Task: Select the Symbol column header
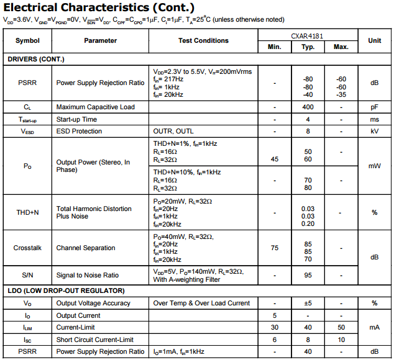27,40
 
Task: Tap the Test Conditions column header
203,40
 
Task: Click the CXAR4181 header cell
307,37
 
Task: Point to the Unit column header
375,40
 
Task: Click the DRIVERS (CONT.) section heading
36,59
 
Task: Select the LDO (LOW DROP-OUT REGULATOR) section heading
66,290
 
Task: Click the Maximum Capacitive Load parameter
96,107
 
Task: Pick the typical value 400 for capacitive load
308,107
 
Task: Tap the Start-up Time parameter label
76,119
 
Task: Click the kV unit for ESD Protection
375,132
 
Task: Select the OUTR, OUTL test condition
173,132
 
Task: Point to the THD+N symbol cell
27,212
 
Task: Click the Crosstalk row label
27,248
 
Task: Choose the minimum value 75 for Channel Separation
275,248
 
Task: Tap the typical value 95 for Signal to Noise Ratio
308,275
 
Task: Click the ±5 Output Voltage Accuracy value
308,303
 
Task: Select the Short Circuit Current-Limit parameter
95,340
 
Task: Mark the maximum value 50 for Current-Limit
341,327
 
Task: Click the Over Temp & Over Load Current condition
202,303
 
